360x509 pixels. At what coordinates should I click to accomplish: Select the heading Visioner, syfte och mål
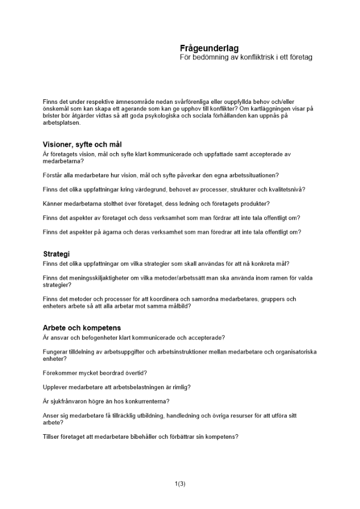click(x=82, y=145)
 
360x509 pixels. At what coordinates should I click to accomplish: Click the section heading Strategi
click(x=56, y=254)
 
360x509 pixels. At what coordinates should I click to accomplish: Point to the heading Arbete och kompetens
click(x=82, y=328)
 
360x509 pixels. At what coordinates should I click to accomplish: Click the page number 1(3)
click(x=180, y=484)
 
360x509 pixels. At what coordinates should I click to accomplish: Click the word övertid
click(x=135, y=373)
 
